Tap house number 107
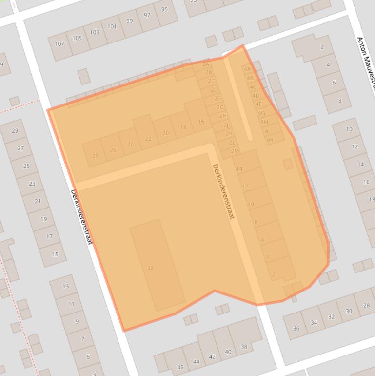pos(59,44)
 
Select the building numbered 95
pos(164,9)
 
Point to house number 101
pos(112,26)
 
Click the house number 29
pos(15,130)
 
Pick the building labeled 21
pos(38,201)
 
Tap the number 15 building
pos(55,254)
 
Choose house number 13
pos(66,286)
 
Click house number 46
pos(180,367)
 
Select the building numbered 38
pos(244,347)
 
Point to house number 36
pos(296,328)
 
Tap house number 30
pos(349,311)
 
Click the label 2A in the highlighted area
pos(205,64)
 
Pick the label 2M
pos(235,151)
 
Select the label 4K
pos(270,140)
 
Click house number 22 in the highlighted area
pos(148,138)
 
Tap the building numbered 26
pos(113,150)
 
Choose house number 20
pos(166,133)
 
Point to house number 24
pos(130,144)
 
